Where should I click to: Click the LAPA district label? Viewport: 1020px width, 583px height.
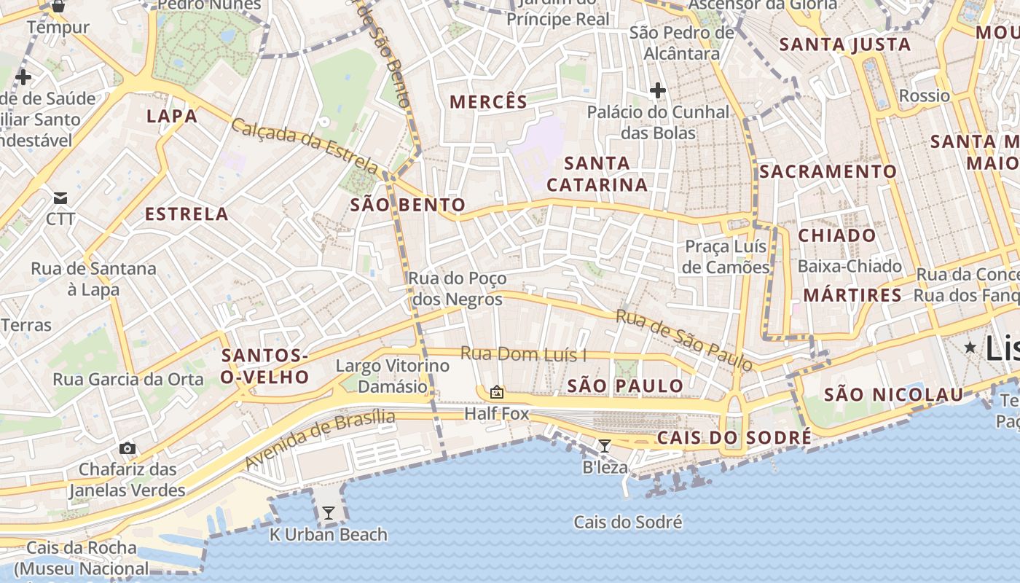[x=172, y=116]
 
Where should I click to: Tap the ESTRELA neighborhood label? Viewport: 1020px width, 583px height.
[x=187, y=214]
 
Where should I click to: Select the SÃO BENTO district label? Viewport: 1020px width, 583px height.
[x=407, y=205]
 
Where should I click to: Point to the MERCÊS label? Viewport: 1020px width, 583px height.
[x=488, y=102]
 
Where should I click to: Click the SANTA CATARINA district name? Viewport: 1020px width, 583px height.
[x=597, y=174]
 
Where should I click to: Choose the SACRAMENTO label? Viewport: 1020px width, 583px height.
[x=828, y=172]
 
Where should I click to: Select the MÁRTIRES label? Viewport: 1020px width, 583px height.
[x=852, y=295]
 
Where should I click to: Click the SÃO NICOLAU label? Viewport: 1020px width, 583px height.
[x=893, y=395]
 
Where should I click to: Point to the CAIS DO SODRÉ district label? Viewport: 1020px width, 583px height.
[x=734, y=438]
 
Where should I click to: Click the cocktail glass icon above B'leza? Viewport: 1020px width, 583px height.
[x=605, y=445]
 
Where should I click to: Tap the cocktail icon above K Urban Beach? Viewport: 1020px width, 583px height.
[x=329, y=512]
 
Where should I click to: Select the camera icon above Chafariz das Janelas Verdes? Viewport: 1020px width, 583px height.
[x=127, y=448]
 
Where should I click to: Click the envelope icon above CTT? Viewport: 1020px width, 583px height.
[x=60, y=198]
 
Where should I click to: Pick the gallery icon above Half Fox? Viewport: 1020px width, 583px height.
[x=497, y=393]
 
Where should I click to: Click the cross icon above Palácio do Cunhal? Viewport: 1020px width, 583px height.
[x=658, y=91]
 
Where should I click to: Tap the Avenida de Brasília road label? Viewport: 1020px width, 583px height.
[x=320, y=439]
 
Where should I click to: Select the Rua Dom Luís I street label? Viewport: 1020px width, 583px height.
[x=523, y=355]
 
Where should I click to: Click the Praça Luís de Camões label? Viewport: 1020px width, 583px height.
[x=726, y=257]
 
